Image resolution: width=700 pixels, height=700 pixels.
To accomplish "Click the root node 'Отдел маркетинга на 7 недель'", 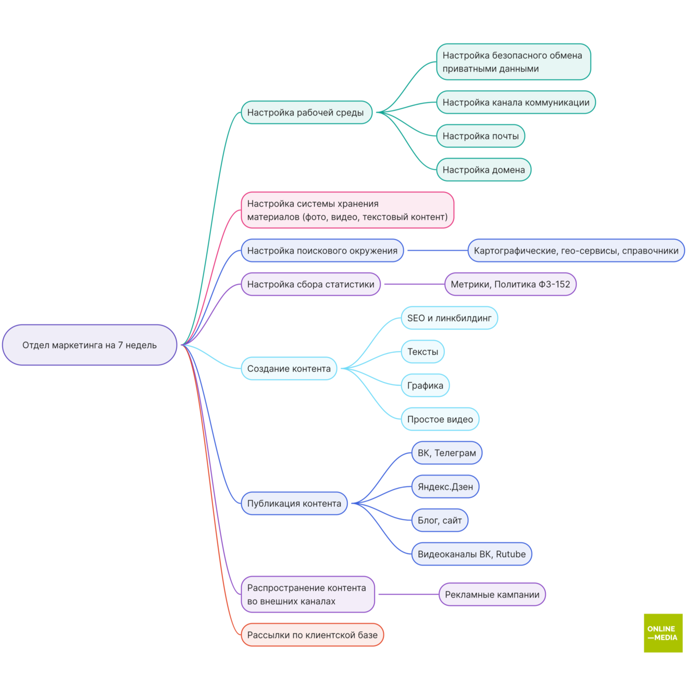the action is pyautogui.click(x=90, y=345).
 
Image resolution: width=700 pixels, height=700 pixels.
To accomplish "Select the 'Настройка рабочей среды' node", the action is pyautogui.click(x=307, y=113).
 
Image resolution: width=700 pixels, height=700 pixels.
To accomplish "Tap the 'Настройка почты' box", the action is pyautogui.click(x=480, y=136).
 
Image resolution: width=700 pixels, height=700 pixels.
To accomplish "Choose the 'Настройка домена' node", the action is pyautogui.click(x=483, y=170).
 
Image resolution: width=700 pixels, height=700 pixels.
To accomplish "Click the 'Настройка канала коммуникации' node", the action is pyautogui.click(x=516, y=102).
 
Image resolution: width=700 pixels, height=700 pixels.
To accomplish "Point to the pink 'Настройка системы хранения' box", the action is pyautogui.click(x=347, y=210).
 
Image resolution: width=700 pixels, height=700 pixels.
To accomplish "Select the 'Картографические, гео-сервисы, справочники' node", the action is pyautogui.click(x=576, y=251).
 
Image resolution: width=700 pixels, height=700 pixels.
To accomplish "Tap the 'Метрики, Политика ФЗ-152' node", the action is pyautogui.click(x=510, y=284).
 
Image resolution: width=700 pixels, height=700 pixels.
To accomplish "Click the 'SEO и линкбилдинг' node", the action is pyautogui.click(x=449, y=318).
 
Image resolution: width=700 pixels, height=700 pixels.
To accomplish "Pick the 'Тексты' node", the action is pyautogui.click(x=422, y=352).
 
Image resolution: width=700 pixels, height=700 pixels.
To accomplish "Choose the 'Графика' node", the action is pyautogui.click(x=425, y=385).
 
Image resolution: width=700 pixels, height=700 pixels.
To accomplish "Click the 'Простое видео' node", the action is pyautogui.click(x=440, y=419).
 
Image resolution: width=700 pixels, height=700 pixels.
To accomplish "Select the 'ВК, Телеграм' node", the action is pyautogui.click(x=447, y=453).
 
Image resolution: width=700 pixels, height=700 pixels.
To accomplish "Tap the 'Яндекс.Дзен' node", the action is pyautogui.click(x=445, y=487).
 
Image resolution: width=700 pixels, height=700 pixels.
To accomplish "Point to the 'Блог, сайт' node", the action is pyautogui.click(x=440, y=520).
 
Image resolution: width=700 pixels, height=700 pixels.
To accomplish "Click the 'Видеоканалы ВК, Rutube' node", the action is pyautogui.click(x=471, y=554).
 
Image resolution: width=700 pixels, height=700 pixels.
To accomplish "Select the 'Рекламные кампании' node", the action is pyautogui.click(x=492, y=595).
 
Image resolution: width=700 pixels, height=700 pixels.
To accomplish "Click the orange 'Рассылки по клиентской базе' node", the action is pyautogui.click(x=312, y=635).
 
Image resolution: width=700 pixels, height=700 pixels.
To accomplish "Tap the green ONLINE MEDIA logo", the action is pyautogui.click(x=663, y=633).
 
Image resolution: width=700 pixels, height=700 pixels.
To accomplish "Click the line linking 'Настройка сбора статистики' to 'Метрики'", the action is pyautogui.click(x=415, y=284).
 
